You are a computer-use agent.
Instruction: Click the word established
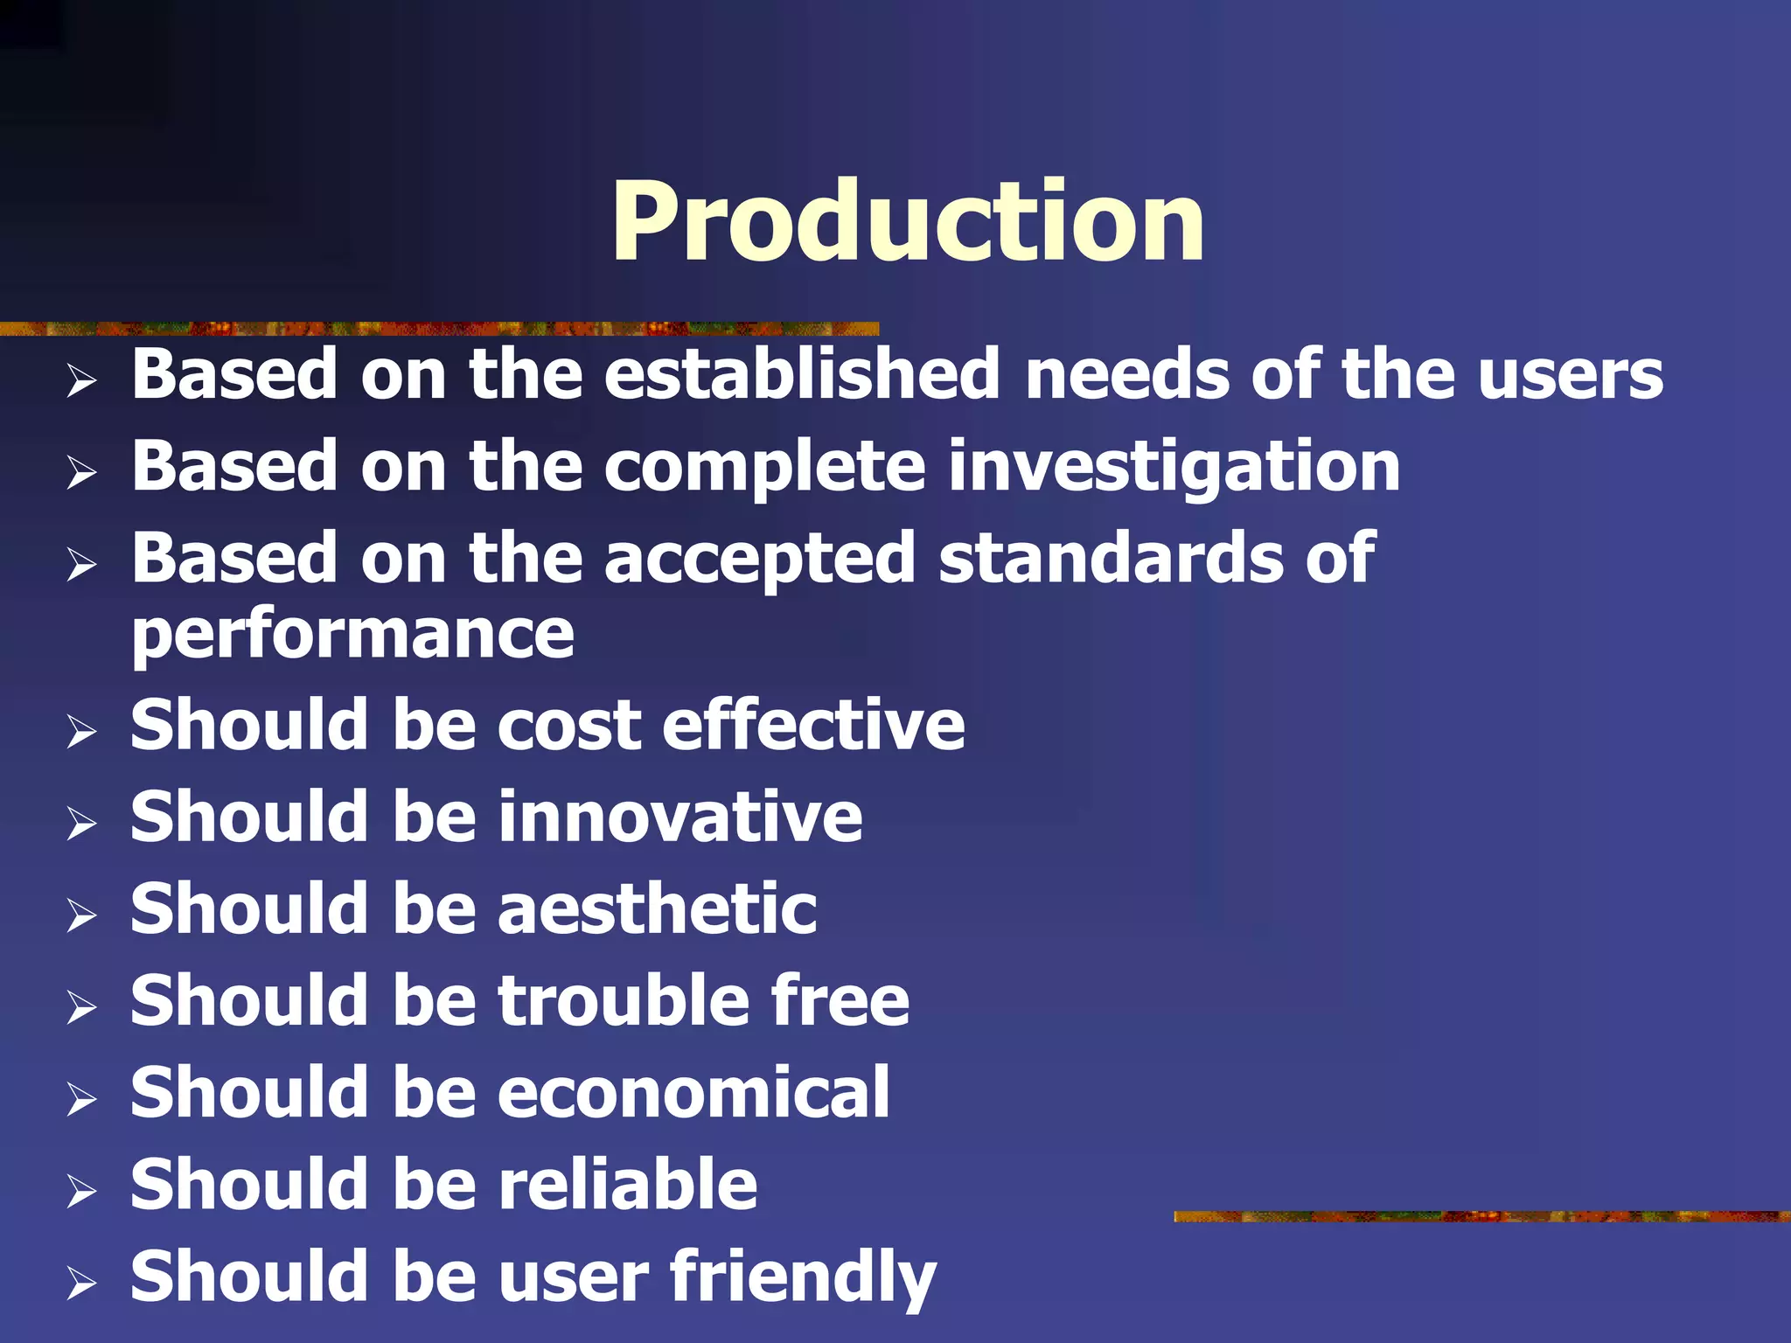coord(801,374)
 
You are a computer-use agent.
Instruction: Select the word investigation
coord(1174,469)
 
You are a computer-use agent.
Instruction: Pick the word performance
coord(352,635)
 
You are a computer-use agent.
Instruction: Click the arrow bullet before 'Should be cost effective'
coord(81,731)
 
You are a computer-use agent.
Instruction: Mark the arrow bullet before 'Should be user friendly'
coord(81,1282)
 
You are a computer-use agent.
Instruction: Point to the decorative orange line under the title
coord(437,329)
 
